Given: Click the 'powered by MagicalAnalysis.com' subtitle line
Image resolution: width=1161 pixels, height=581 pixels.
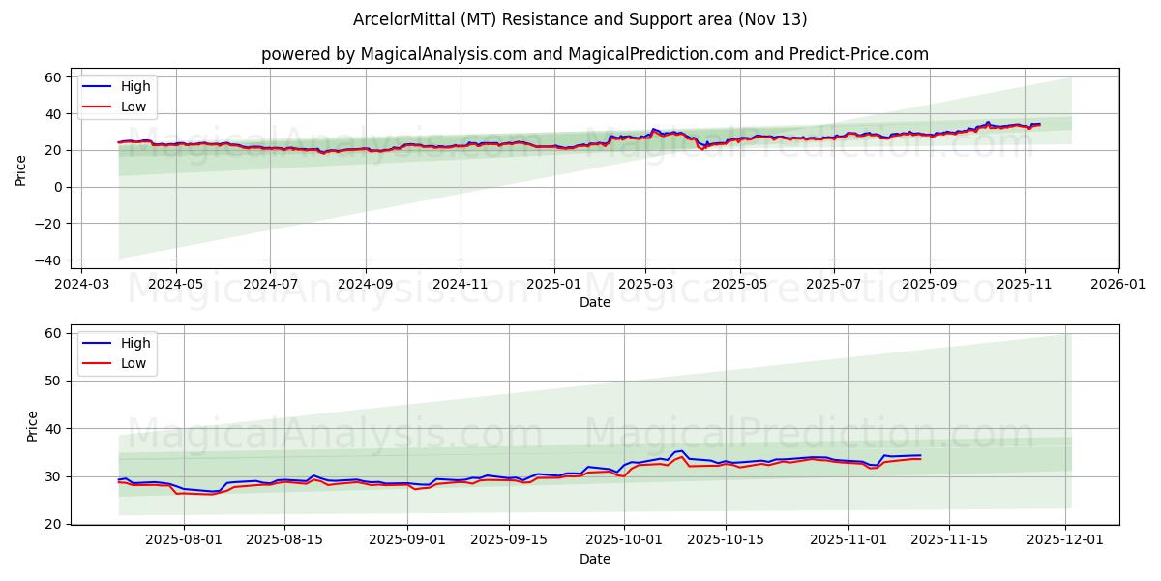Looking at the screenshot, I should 594,54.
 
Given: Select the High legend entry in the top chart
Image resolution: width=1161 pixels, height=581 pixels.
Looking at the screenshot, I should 134,86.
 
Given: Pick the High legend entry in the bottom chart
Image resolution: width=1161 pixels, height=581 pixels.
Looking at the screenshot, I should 134,343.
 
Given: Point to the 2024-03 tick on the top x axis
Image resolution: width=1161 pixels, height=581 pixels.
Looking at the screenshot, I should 81,286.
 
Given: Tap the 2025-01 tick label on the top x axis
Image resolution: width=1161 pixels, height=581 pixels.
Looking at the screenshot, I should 554,286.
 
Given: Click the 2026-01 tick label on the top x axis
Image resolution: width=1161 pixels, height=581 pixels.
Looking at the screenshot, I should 1117,286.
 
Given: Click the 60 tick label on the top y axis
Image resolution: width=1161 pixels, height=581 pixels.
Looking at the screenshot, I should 54,77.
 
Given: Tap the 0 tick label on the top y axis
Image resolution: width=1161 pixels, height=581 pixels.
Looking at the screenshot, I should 58,187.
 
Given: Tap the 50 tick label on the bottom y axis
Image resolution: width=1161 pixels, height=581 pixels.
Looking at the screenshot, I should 54,381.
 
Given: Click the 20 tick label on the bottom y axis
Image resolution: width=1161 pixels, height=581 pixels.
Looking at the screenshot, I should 54,524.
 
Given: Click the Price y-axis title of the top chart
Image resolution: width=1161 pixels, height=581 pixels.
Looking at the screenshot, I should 21,168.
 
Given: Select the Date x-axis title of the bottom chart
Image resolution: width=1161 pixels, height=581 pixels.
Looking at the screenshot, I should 594,560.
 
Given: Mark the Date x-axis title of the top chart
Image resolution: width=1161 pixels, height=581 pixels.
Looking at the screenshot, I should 594,303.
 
